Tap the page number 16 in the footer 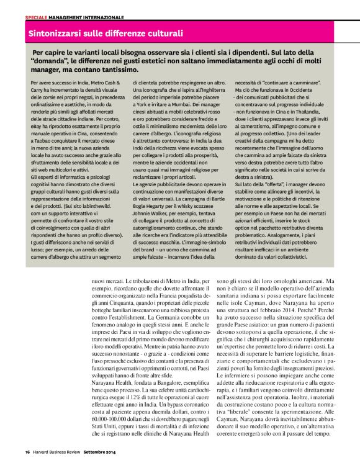[x=27, y=451]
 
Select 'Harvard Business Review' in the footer [x=58, y=451]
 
